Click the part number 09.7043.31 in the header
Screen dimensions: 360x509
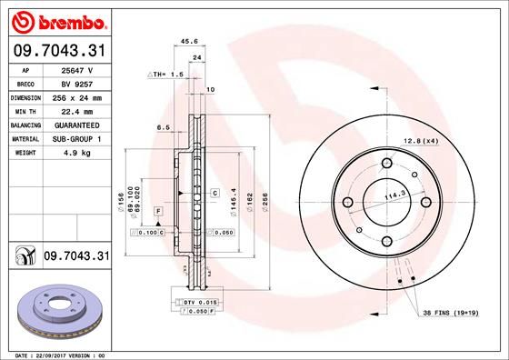click(x=57, y=51)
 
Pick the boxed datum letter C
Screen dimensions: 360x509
click(x=215, y=194)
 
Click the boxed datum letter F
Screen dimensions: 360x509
click(x=158, y=211)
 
